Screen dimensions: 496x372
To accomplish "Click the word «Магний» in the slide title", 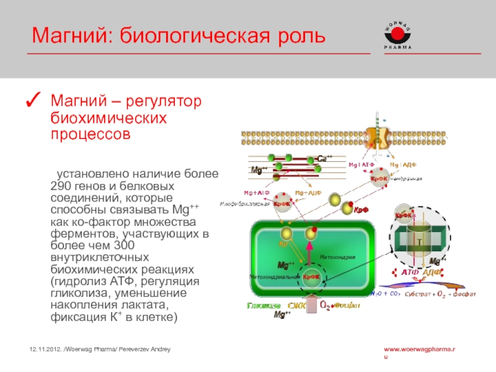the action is [x=69, y=35].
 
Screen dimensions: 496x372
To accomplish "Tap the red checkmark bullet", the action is [x=35, y=99].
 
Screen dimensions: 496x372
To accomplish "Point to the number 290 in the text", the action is [x=60, y=186].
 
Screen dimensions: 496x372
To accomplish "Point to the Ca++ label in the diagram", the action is [x=325, y=158].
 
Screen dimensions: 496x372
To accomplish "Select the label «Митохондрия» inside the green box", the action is [x=337, y=256].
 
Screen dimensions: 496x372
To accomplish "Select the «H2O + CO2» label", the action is [x=384, y=293].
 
